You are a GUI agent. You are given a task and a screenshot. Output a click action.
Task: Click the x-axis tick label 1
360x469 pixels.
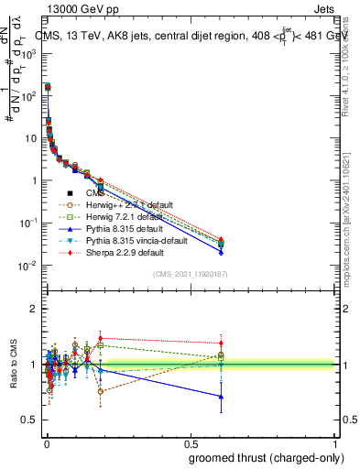tap(335, 443)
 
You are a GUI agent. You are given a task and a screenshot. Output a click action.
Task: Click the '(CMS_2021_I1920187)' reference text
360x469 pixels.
tap(190, 274)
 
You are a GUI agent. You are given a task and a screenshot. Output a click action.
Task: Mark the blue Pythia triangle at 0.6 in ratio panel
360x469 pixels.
tap(220, 397)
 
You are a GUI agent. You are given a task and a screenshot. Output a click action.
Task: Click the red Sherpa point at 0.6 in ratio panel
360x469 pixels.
tap(220, 344)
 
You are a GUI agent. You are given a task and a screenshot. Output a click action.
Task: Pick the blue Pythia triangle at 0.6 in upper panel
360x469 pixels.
tap(220, 250)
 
